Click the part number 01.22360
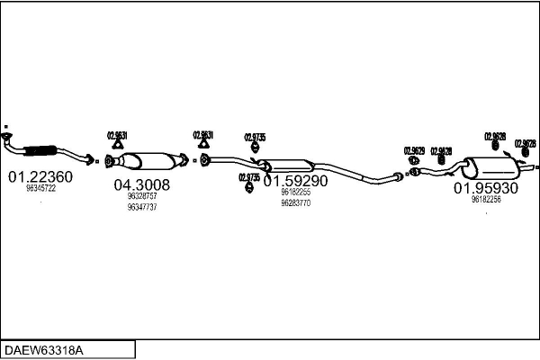[x=40, y=176]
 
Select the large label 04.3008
[x=141, y=184]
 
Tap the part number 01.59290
[x=295, y=180]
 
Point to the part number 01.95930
[x=485, y=188]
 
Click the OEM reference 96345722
[x=40, y=189]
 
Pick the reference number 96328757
[x=142, y=196]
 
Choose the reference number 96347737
[x=142, y=207]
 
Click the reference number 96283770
[x=296, y=202]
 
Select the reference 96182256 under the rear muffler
[x=486, y=200]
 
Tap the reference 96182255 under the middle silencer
[x=295, y=192]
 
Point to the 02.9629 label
[x=414, y=150]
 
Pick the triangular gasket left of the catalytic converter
[x=116, y=145]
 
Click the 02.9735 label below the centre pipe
[x=249, y=177]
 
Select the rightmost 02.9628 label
[x=526, y=143]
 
